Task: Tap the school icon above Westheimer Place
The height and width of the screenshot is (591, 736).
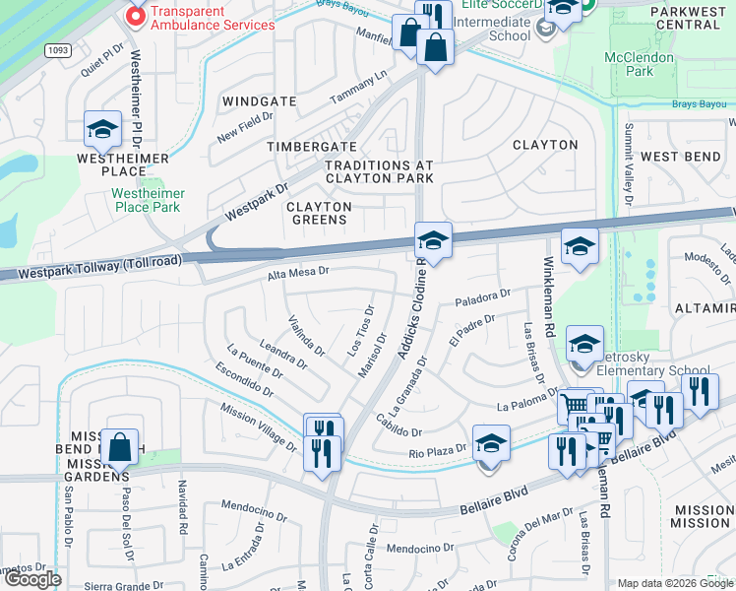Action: point(102,129)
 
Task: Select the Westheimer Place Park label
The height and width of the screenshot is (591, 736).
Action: point(146,200)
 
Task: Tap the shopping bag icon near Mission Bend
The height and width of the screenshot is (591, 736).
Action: point(120,448)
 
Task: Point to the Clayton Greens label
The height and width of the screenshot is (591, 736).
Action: point(319,213)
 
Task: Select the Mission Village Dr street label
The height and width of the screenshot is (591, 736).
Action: point(258,427)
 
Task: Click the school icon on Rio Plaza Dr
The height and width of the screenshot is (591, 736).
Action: point(491,443)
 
